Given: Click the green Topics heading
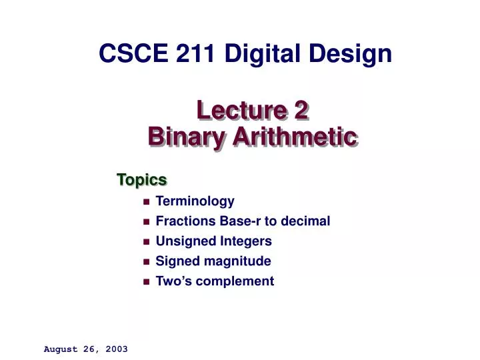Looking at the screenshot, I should [x=141, y=179].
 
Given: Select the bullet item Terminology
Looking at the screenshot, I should [x=195, y=201].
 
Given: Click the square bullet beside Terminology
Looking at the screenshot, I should [x=146, y=201].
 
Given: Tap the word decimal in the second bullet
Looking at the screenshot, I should [x=307, y=221].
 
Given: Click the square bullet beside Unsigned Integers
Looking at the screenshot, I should [x=146, y=241].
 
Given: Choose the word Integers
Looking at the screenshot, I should [x=247, y=241].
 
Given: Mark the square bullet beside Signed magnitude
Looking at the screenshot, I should [x=146, y=261].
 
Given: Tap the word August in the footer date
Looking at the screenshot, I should [x=60, y=349].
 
